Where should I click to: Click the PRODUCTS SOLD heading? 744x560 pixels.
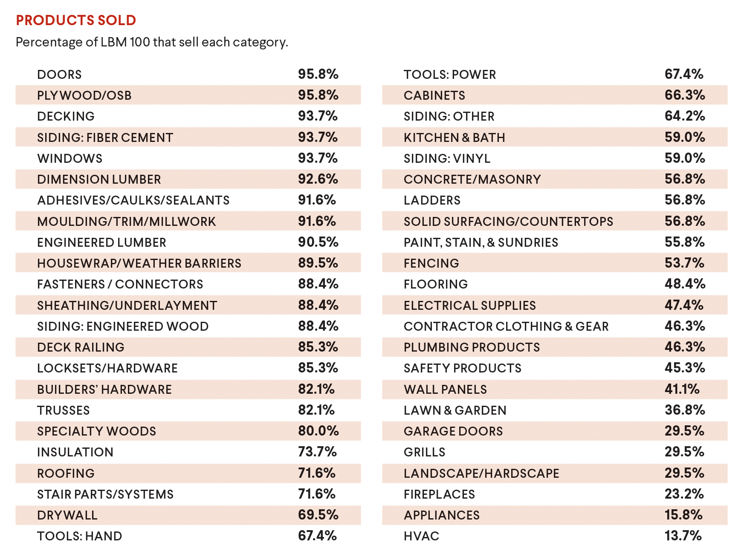pos(76,20)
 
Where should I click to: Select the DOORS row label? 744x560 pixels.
pos(59,75)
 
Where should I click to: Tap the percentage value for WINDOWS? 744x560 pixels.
pos(318,158)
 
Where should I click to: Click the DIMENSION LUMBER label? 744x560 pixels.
pos(99,179)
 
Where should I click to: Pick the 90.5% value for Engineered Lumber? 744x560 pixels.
pos(318,242)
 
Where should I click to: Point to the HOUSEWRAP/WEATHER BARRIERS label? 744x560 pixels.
pos(139,263)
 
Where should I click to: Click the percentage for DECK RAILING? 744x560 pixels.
pos(318,347)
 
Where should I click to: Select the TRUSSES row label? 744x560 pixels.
pos(64,410)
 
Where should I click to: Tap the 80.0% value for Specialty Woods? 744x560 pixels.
pos(318,431)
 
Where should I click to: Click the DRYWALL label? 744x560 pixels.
pos(67,515)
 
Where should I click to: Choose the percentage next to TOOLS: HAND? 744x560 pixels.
pos(317,536)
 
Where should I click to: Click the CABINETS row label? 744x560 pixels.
pos(434,95)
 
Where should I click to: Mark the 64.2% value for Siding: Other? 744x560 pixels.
pos(685,116)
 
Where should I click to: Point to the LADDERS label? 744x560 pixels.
pos(432,200)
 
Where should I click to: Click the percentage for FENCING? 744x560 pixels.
pos(684,263)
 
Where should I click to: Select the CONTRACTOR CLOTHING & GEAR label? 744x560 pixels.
pos(506,326)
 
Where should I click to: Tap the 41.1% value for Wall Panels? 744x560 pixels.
pos(682,389)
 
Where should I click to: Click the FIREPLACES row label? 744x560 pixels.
pos(439,494)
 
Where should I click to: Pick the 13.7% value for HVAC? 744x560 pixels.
pos(683,536)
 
